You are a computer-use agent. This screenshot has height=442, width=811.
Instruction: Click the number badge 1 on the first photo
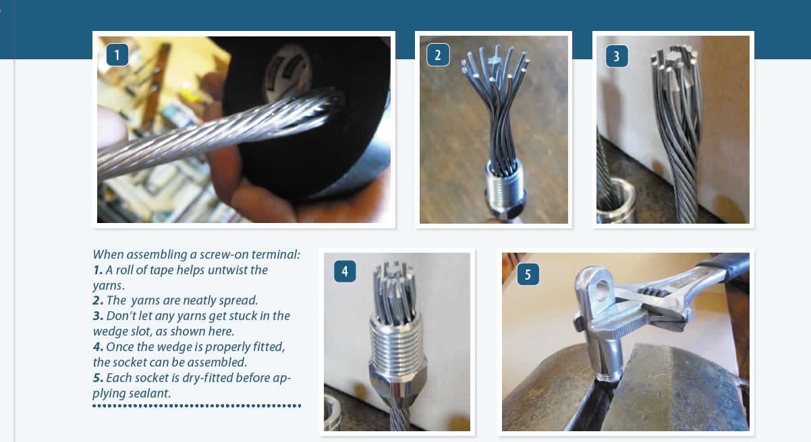point(117,55)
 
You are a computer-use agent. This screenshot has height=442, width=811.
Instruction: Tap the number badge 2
point(438,55)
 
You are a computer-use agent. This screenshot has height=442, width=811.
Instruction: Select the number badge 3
point(617,56)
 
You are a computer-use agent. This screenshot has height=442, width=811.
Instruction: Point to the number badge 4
point(345,272)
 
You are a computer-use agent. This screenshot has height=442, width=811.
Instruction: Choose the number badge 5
point(528,274)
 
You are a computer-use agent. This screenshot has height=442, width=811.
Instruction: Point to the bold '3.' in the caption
point(98,316)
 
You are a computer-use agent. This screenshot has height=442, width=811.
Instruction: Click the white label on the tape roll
point(288,72)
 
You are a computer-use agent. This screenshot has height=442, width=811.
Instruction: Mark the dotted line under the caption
point(196,406)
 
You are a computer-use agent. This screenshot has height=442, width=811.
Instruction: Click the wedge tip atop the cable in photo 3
point(674,58)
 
